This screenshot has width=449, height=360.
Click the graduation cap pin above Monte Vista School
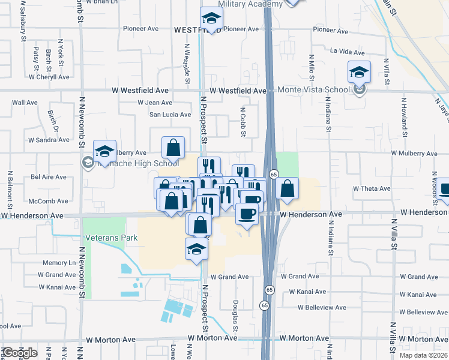point(359,73)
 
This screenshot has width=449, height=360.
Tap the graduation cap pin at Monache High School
point(104,151)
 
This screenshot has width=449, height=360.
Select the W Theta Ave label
point(372,188)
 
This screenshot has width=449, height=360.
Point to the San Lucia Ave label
point(170,115)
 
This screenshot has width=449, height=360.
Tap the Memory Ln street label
point(59,263)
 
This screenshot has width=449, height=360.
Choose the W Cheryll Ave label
point(49,77)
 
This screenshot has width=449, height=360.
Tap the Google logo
point(19,353)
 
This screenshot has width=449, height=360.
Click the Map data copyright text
point(423,355)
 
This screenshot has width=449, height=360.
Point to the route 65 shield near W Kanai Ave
point(264,305)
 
